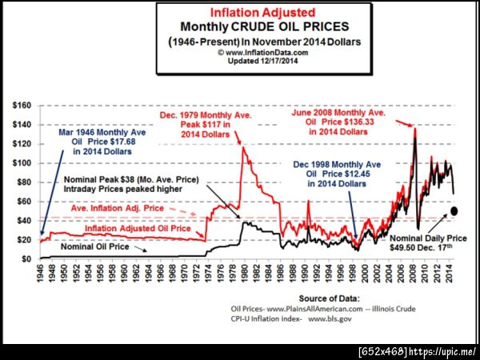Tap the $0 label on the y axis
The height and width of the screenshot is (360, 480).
point(26,259)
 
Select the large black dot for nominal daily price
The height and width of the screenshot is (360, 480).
point(454,211)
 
